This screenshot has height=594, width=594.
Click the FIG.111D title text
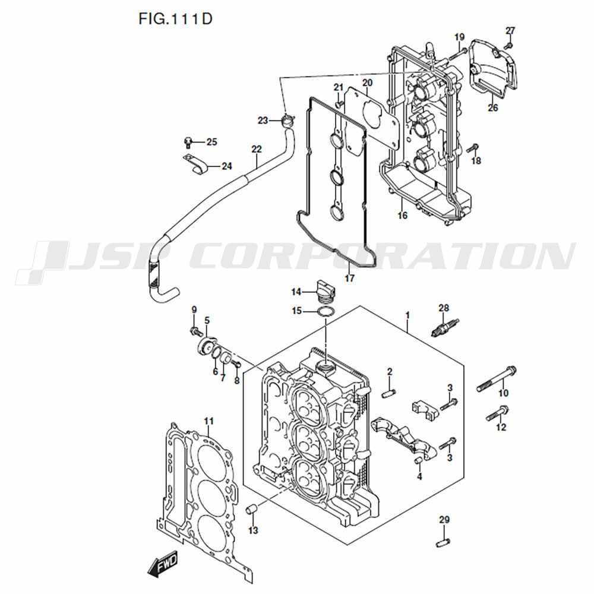click(x=175, y=18)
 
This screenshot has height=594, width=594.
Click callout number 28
click(x=444, y=308)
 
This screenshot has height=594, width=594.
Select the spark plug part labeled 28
click(x=445, y=327)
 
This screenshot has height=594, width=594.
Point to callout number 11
click(x=208, y=421)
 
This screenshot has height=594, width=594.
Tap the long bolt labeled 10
click(x=497, y=379)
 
